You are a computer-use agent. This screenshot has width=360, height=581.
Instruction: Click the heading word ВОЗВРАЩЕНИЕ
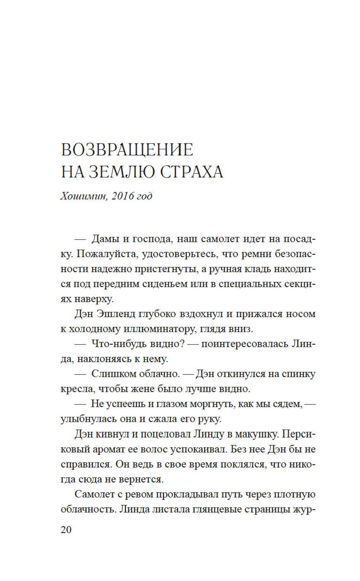[x=127, y=150]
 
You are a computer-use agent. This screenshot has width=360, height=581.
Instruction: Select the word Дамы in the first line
[x=105, y=239]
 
